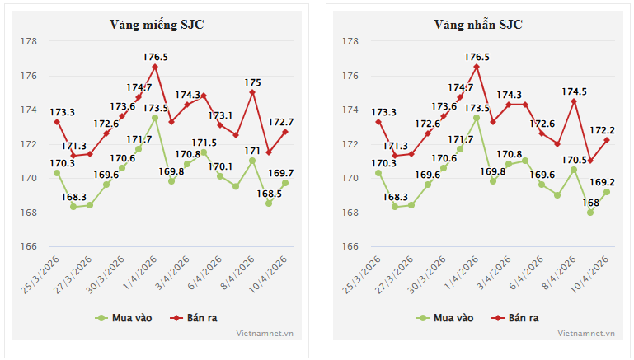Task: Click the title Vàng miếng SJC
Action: coord(157,25)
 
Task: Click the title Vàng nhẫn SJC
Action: coord(478,25)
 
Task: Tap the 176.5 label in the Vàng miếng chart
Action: coord(155,57)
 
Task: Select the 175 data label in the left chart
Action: coord(253,82)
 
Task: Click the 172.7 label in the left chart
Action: coord(281,122)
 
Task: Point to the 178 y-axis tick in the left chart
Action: coord(28,41)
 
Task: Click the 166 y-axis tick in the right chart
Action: coord(350,246)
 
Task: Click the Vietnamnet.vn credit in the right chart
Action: coord(586,334)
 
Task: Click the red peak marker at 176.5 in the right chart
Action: coord(477,67)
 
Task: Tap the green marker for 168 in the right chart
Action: coord(590,213)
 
